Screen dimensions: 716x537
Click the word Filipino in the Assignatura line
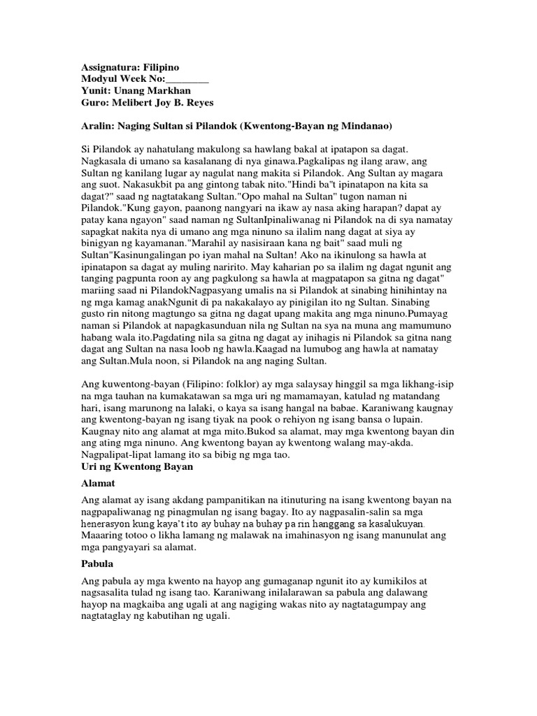162,67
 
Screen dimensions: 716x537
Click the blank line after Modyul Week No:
185,79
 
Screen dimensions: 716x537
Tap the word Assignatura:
109,67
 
